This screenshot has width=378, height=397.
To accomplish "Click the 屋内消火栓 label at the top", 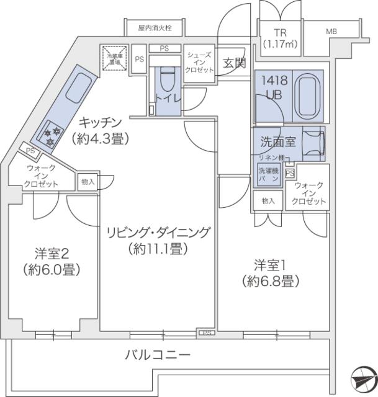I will click(x=151, y=29).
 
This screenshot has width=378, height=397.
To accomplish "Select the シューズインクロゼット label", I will click(x=199, y=63).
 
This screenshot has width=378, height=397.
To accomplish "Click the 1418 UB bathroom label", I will click(x=273, y=88).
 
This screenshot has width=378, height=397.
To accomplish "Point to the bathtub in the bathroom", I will click(x=307, y=94).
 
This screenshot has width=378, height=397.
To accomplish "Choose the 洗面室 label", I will click(x=277, y=141).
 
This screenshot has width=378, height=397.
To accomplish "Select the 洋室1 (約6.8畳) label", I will click(x=271, y=274).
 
